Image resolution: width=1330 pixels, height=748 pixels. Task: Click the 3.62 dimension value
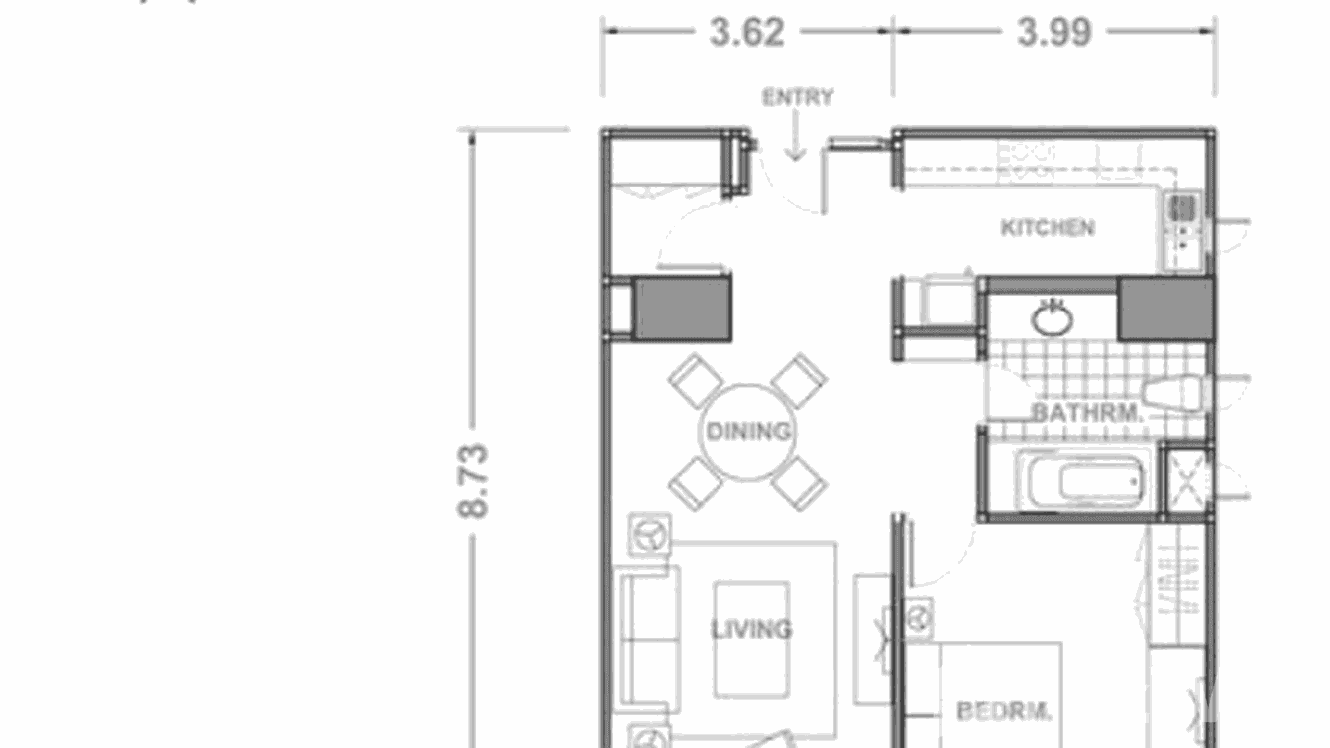(746, 32)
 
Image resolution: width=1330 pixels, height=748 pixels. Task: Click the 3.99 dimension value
(1053, 32)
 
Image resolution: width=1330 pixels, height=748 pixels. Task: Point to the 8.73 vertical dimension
(474, 480)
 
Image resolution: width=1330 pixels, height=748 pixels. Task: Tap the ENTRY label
(797, 97)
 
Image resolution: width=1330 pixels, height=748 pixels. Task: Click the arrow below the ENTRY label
(795, 140)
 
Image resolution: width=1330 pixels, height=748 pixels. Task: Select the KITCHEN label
(1048, 227)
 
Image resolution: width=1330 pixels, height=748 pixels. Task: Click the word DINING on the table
(748, 432)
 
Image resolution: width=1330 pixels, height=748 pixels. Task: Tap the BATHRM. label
(1087, 412)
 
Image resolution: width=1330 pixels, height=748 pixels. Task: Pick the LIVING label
(750, 629)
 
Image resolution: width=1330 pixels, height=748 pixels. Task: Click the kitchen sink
(1183, 209)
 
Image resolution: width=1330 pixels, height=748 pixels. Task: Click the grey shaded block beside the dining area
(682, 308)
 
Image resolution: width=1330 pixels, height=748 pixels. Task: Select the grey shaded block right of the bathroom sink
(1165, 310)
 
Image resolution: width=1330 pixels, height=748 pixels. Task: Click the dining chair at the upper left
(696, 380)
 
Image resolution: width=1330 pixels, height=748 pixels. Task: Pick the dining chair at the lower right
(800, 484)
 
